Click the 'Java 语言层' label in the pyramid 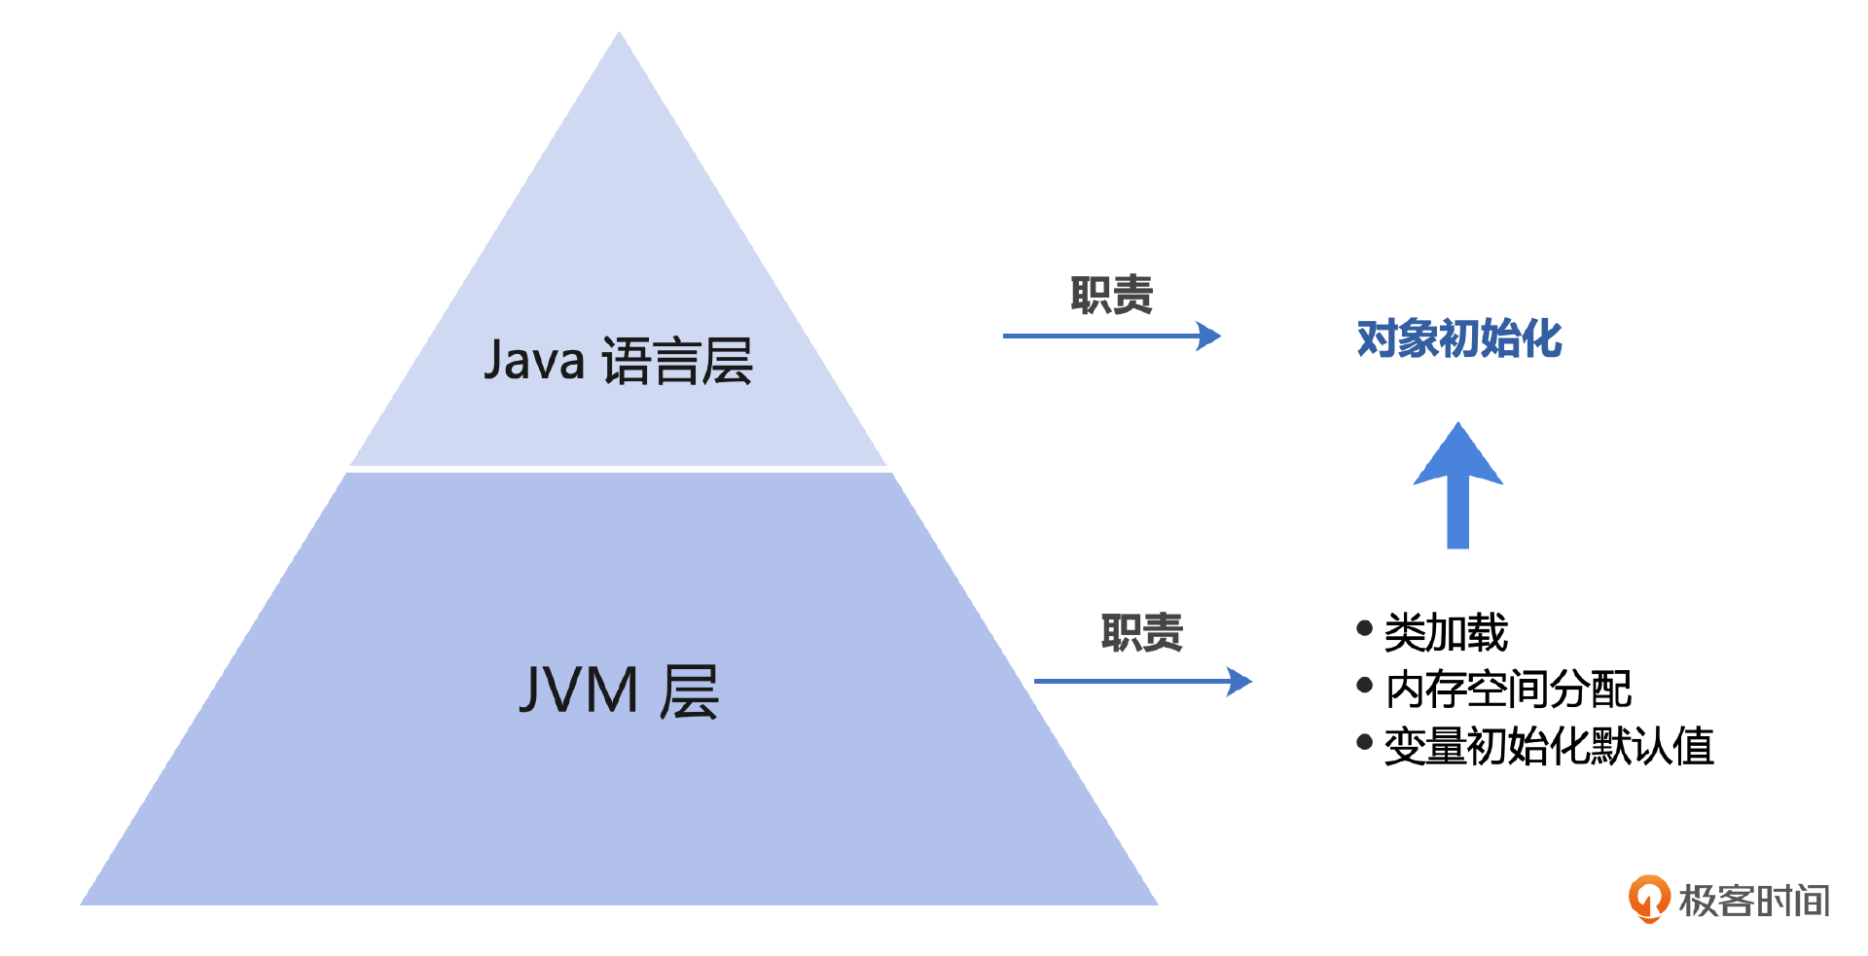(619, 361)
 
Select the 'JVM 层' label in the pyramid (619, 691)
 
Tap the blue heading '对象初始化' (1458, 338)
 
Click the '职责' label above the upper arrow (1111, 295)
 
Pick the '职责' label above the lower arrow (1141, 633)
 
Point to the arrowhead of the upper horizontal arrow (1209, 336)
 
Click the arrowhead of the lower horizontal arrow (1240, 682)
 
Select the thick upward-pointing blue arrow (1457, 486)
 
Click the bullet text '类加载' (1446, 633)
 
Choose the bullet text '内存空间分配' (1508, 690)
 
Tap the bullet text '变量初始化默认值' (1549, 747)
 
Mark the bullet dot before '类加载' (1364, 629)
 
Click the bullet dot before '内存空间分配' (1364, 686)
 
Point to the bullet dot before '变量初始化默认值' (1364, 743)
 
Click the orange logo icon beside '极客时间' (1649, 899)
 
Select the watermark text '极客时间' (1754, 901)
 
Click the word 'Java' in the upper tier (534, 360)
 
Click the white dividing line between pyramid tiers (619, 470)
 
